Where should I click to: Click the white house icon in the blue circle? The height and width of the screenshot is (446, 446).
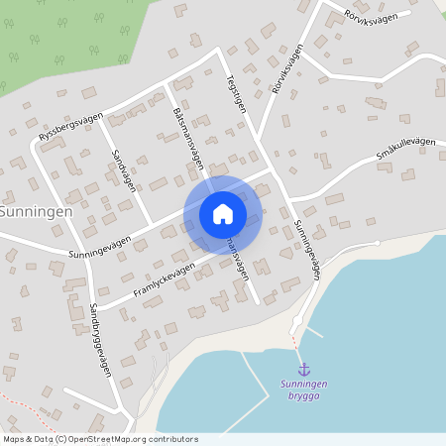coord(223,214)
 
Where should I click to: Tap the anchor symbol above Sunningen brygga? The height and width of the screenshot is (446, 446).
coord(303,369)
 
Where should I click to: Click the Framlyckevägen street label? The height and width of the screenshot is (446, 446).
coord(165,279)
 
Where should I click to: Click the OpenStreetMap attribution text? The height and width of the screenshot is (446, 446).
coord(100,438)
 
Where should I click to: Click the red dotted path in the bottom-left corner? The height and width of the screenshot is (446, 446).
coord(25,400)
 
